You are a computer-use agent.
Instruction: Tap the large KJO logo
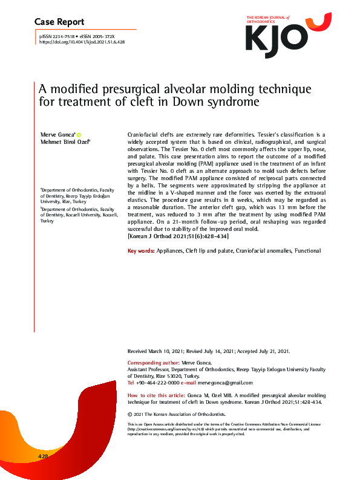(287, 35)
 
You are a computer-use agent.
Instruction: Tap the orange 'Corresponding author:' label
(152, 363)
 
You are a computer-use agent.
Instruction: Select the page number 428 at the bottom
(43, 455)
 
